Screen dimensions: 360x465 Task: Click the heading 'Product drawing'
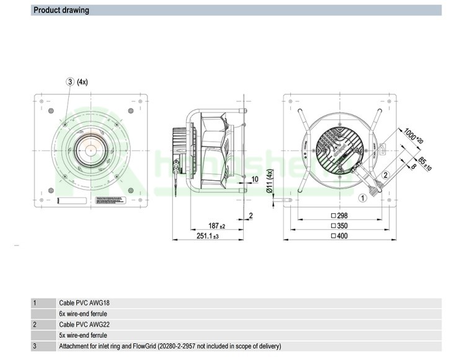click(x=61, y=10)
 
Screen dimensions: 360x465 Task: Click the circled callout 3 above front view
click(x=70, y=82)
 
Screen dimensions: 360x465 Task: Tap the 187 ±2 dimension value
click(x=216, y=226)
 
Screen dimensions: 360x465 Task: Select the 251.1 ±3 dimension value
click(x=208, y=237)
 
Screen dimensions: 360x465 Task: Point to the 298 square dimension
click(x=343, y=216)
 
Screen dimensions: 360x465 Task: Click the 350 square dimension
click(x=343, y=226)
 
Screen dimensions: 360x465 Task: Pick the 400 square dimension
click(x=343, y=237)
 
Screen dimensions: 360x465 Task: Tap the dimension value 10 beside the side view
click(x=254, y=179)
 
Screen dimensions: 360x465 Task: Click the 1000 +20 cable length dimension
click(x=411, y=136)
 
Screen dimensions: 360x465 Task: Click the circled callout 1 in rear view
click(x=362, y=198)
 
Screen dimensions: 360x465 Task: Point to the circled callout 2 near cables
click(x=385, y=175)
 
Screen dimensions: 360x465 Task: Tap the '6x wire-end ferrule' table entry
click(x=83, y=314)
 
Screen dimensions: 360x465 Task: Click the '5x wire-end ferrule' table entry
click(x=83, y=335)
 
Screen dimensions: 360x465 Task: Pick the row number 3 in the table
click(x=35, y=346)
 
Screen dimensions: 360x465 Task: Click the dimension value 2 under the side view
click(x=250, y=216)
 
